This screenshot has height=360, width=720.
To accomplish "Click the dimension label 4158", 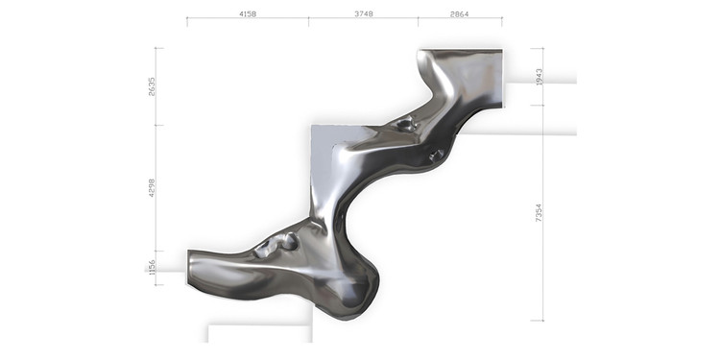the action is click(248, 13).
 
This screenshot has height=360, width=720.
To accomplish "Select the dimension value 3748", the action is click(364, 13).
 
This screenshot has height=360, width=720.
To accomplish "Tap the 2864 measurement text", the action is click(459, 13).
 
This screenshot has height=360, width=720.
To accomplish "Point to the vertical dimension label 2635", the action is click(152, 86).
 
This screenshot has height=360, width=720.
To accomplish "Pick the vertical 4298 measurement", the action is click(152, 188).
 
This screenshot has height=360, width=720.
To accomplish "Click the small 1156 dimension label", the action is click(152, 268).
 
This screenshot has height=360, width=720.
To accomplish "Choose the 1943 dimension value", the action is click(540, 77).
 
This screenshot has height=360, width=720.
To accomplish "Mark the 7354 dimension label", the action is click(540, 212).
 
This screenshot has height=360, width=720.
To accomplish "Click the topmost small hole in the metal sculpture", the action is click(406, 124).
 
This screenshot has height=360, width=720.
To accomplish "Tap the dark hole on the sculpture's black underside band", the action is click(436, 156).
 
